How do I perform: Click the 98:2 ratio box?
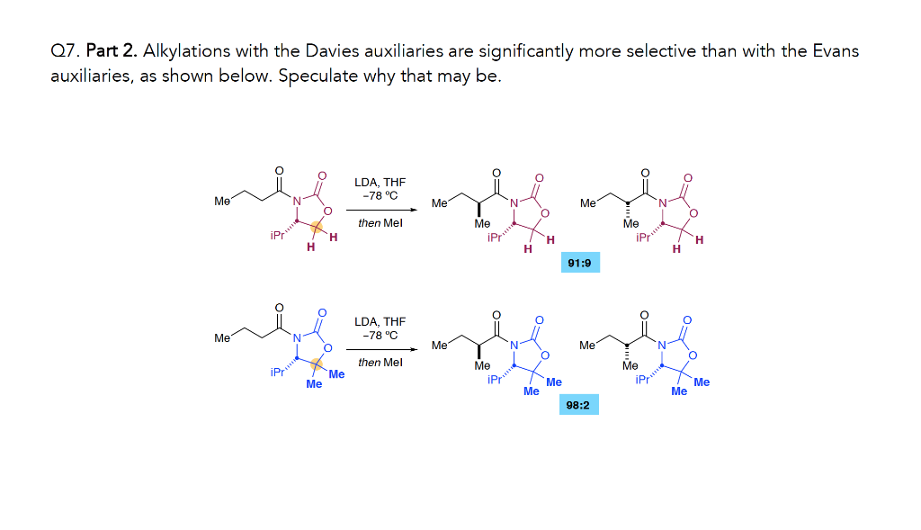(577, 406)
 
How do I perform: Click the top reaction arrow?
(380, 211)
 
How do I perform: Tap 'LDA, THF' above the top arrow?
(380, 183)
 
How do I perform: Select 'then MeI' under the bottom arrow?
(380, 363)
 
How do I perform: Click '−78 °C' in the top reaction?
(380, 196)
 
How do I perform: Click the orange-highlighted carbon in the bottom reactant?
(317, 364)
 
